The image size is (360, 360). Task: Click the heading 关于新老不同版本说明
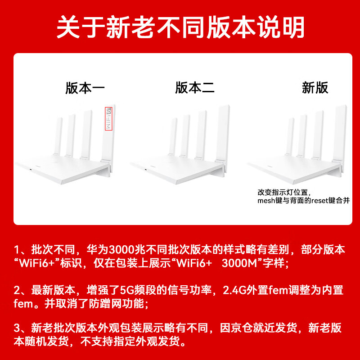click(180, 28)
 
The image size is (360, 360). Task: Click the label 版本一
click(85, 88)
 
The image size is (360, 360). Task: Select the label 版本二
click(195, 88)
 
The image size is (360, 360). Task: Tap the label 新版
click(315, 88)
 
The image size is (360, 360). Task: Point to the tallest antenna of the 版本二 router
click(222, 130)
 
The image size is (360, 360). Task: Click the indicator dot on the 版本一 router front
click(31, 170)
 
